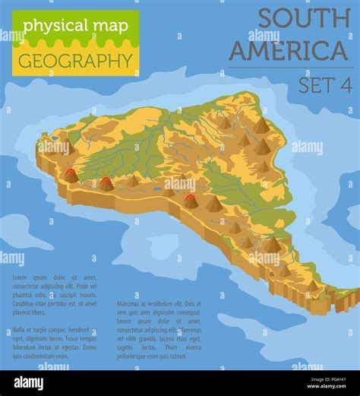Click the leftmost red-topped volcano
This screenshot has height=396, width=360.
pos(71,176)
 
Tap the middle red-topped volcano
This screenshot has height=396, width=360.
pos(106,183)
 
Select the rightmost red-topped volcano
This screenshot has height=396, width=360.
pos(190,201)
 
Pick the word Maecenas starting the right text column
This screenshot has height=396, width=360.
pos(130,303)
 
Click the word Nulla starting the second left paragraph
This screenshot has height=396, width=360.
pos(19,331)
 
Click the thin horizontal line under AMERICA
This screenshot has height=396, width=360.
pos(289,68)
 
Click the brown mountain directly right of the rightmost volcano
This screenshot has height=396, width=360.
pos(214,204)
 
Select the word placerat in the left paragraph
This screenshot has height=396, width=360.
pos(22,312)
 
